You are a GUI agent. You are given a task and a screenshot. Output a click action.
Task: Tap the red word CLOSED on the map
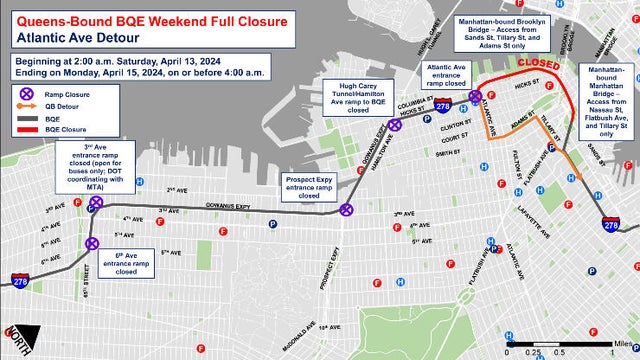point(538,63)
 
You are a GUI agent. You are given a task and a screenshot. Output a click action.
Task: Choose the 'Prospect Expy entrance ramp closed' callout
point(309,186)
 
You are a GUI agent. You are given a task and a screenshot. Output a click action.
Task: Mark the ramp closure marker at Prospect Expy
point(346,210)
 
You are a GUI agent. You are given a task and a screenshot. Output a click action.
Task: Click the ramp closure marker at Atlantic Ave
point(476,95)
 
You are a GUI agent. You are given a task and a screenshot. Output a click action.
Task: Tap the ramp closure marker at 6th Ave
point(91,243)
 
